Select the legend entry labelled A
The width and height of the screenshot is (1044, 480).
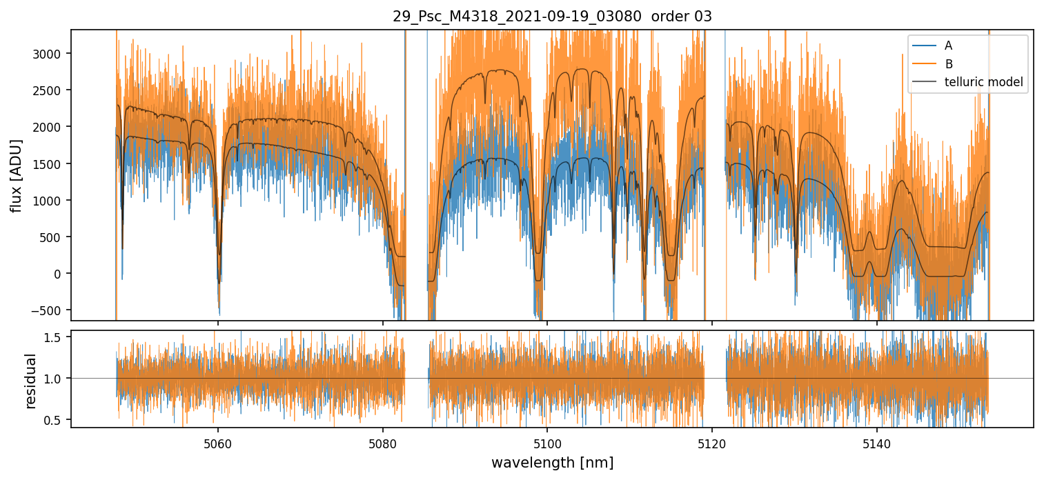pyautogui.click(x=948, y=46)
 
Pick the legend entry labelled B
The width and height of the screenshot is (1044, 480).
pyautogui.click(x=948, y=64)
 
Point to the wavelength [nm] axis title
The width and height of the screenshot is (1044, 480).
pyautogui.click(x=552, y=462)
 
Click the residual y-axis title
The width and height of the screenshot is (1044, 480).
pyautogui.click(x=30, y=380)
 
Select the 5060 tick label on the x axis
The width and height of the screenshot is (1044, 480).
pyautogui.click(x=218, y=441)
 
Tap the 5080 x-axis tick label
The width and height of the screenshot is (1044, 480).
pyautogui.click(x=383, y=441)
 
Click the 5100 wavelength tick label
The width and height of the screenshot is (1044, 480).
pyautogui.click(x=547, y=441)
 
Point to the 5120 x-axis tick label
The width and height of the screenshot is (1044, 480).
pyautogui.click(x=712, y=441)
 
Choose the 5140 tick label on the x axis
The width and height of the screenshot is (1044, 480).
pyautogui.click(x=876, y=441)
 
